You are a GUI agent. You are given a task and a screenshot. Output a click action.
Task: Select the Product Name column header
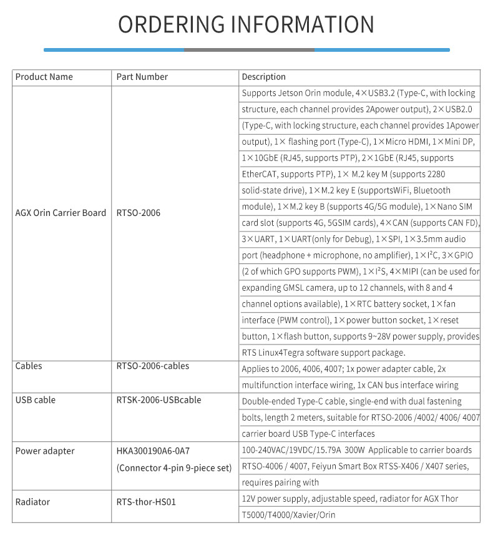tap(44, 77)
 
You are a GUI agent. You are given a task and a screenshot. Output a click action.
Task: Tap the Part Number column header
tap(142, 77)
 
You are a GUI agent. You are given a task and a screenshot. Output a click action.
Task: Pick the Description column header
tap(264, 77)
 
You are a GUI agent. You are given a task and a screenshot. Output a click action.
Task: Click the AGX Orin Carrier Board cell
tap(61, 213)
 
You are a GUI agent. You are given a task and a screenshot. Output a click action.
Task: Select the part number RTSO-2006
tap(139, 213)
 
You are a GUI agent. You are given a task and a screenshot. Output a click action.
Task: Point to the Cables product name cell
tap(29, 366)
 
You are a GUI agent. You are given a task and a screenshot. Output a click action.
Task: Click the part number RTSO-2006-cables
tap(153, 366)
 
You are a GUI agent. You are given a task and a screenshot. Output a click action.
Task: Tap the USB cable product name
tap(36, 400)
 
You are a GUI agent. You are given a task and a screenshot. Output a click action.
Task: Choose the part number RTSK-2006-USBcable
tap(159, 400)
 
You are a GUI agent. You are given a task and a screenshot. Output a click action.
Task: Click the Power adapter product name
tap(45, 451)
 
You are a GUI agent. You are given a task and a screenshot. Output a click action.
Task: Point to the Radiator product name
tap(32, 502)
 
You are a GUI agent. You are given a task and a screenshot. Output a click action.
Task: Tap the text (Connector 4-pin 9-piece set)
tap(174, 467)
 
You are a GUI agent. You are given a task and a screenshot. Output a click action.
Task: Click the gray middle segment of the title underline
tap(248, 49)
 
